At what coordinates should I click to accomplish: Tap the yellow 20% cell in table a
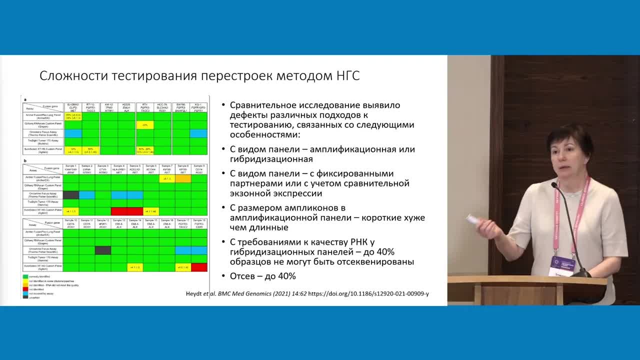tap(145, 125)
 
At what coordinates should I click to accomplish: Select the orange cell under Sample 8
tap(183, 178)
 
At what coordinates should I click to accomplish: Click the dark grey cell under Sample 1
tap(70, 195)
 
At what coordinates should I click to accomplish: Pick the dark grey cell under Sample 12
tap(102, 250)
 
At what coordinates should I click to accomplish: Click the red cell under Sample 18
tap(199, 267)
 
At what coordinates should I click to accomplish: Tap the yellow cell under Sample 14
tap(135, 267)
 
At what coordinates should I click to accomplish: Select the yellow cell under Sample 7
tap(167, 178)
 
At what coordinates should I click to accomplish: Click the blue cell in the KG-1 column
tap(199, 133)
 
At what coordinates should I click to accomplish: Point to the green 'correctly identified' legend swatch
tap(25, 276)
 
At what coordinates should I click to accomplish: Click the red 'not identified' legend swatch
tap(25, 289)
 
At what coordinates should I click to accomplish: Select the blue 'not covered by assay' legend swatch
tap(25, 293)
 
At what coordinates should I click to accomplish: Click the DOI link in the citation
tap(368, 293)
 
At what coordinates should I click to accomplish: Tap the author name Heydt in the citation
tap(195, 293)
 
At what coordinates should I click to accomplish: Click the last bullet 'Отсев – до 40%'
tap(262, 276)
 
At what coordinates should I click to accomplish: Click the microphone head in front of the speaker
tap(554, 185)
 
